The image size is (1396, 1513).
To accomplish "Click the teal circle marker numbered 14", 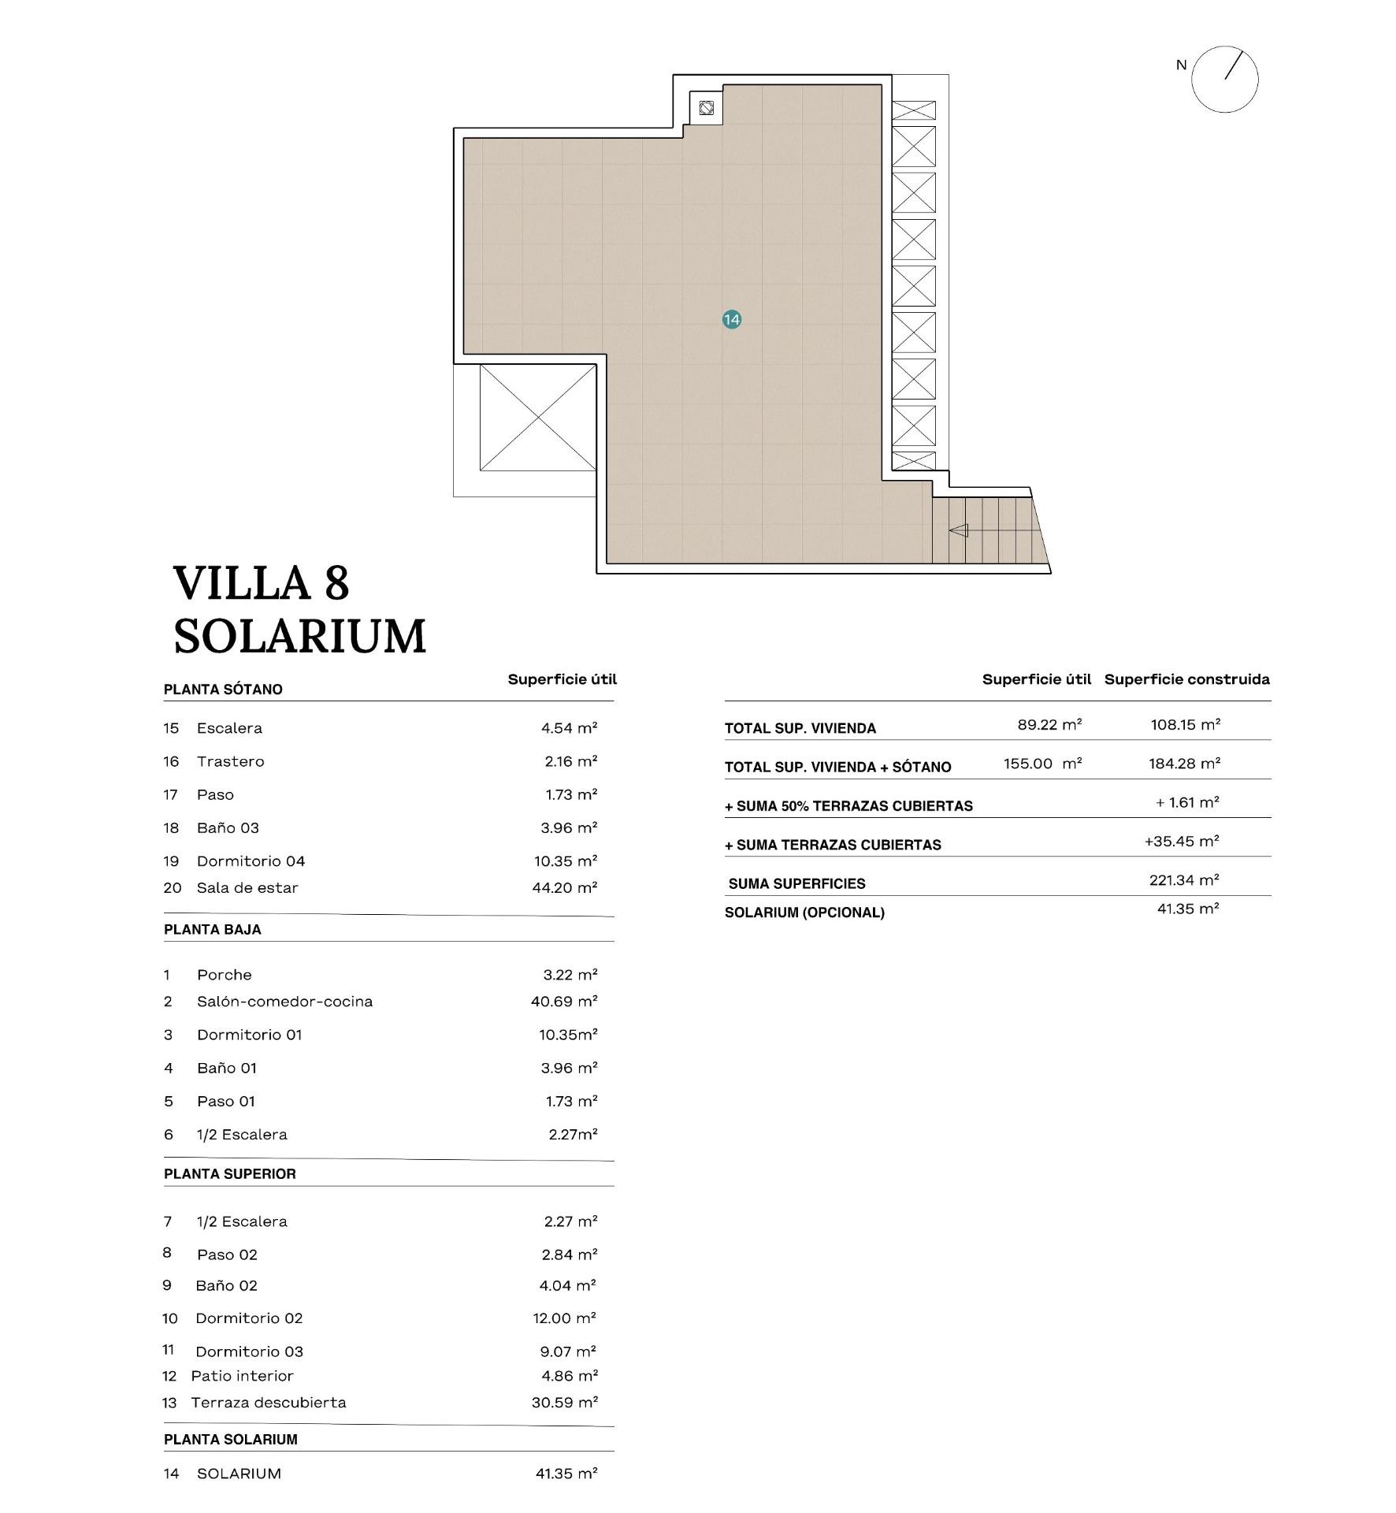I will [x=731, y=319].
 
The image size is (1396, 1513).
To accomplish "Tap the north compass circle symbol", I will [x=1224, y=79].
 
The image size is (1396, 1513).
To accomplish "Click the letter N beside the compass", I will [x=1180, y=65].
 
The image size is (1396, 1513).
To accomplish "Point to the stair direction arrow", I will [x=958, y=530].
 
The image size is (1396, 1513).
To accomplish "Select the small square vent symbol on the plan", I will [x=706, y=108].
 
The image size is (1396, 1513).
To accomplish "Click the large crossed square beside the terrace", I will [x=538, y=417].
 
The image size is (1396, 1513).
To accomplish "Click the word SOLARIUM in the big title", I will [x=299, y=637].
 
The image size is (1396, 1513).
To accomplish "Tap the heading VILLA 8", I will [x=261, y=583].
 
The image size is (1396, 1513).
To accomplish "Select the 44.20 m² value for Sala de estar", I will [x=564, y=888].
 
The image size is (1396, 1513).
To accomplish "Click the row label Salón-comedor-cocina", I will [x=284, y=1002].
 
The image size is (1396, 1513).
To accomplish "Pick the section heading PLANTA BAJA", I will [x=213, y=930].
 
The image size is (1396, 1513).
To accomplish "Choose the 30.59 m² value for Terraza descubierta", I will [x=564, y=1403].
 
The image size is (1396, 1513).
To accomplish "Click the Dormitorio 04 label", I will [x=251, y=861].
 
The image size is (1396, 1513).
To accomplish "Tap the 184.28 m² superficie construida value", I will [x=1184, y=764].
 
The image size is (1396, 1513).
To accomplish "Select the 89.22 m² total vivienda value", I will [x=1049, y=724].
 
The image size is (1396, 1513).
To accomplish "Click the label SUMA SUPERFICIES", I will [x=796, y=883].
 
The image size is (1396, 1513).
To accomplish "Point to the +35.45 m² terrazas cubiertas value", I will [x=1182, y=841].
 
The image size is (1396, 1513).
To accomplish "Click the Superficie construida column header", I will [x=1186, y=679].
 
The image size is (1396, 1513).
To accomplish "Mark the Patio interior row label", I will [x=242, y=1376].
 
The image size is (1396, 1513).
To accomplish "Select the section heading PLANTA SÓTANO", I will [x=223, y=690].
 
